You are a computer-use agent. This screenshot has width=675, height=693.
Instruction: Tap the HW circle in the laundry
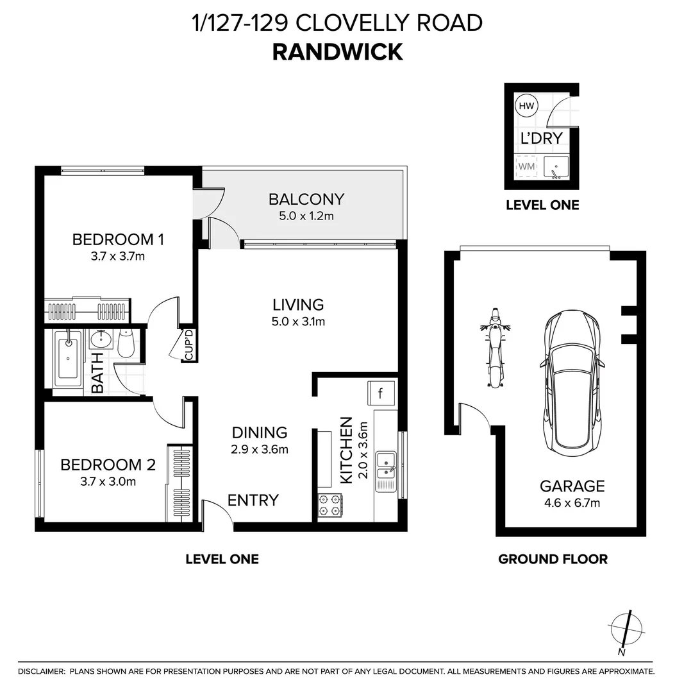[x=526, y=106]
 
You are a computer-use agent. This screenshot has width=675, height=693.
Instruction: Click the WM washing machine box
[x=526, y=167]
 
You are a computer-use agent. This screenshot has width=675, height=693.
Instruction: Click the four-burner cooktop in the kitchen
[x=330, y=504]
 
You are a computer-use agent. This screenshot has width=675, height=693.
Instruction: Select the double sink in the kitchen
[x=385, y=466]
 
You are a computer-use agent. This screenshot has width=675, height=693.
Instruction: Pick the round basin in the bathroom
[x=100, y=339]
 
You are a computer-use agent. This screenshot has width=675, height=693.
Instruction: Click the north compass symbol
[x=624, y=628]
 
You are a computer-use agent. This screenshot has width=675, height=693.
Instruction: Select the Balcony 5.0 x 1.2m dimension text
[x=306, y=216]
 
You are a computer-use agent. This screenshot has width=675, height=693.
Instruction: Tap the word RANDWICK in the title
[x=337, y=52]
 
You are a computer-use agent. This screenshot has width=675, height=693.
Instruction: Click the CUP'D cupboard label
[x=188, y=345]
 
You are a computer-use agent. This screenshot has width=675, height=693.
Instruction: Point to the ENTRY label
[x=253, y=500]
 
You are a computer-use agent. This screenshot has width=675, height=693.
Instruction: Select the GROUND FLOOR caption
[x=553, y=559]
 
